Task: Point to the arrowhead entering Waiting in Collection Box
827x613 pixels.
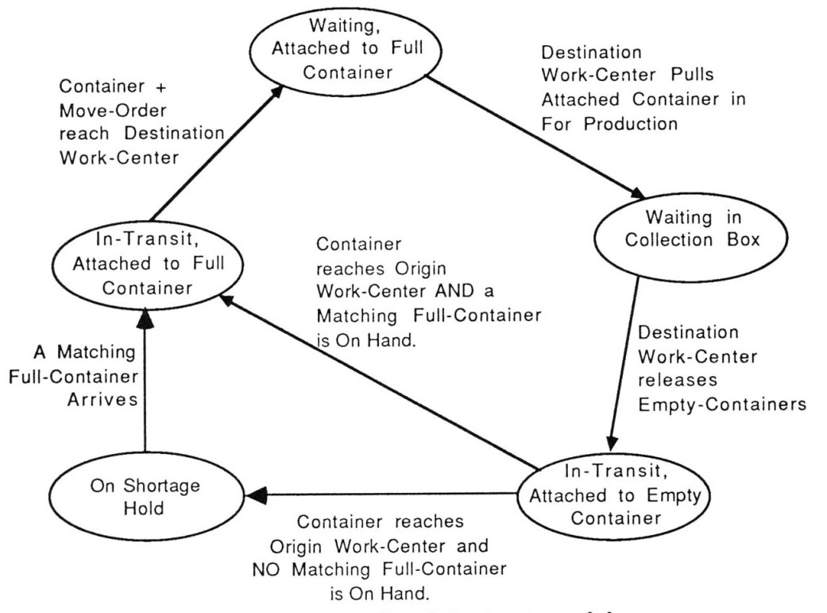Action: pyautogui.click(x=638, y=194)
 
